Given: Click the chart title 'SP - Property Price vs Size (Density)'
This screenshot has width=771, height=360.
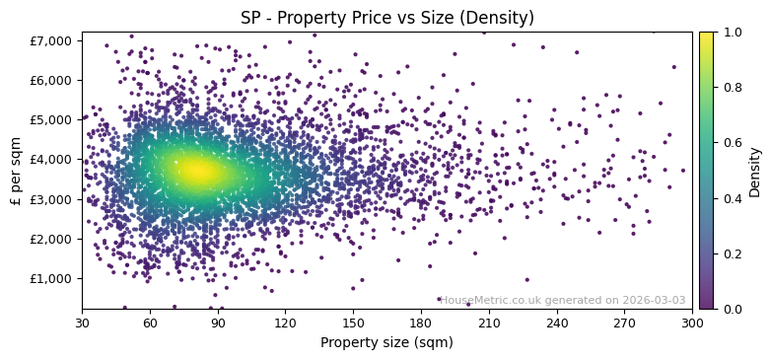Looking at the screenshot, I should coord(386,18).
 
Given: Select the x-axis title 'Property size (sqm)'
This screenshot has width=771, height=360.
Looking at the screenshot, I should coord(386,342).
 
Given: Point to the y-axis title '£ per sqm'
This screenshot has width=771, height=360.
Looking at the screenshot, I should coord(17,171).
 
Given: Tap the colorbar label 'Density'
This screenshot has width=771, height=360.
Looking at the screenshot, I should coord(754,171).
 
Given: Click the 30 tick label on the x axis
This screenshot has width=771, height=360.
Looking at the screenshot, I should coord(82,323).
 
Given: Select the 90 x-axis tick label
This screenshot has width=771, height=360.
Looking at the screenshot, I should coord(218,323).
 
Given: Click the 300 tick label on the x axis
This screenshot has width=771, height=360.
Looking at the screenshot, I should coord(692,323).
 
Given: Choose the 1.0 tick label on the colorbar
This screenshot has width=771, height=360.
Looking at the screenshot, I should coord(731,32).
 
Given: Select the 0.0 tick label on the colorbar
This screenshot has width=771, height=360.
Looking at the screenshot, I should coord(731,309).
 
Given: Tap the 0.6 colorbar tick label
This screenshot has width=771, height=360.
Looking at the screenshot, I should coord(731,143).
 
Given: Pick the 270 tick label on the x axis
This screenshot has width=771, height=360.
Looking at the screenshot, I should coord(624,323).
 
